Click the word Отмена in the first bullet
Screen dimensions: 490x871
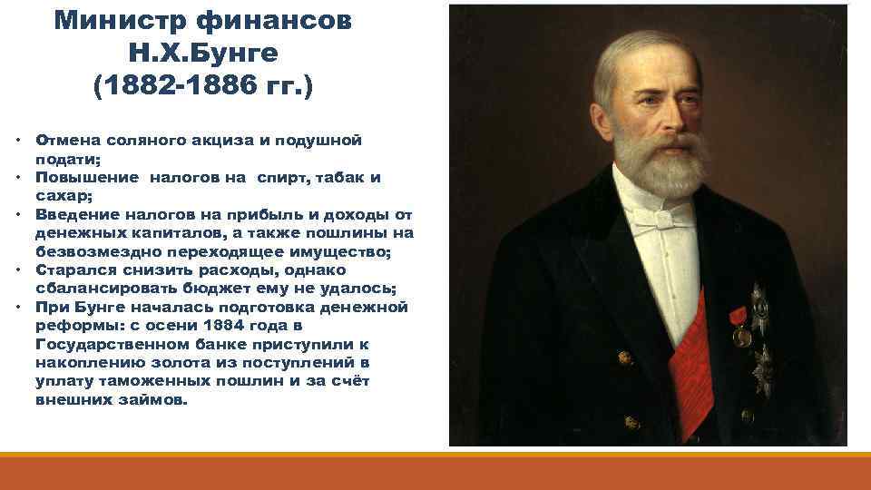(x=64, y=141)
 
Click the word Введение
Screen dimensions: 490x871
(x=77, y=215)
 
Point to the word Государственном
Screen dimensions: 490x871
(x=113, y=344)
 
